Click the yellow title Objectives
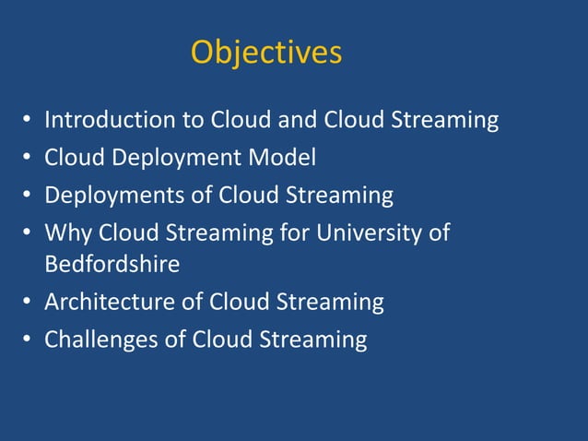click(x=265, y=53)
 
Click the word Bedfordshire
click(x=112, y=265)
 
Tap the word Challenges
click(x=102, y=340)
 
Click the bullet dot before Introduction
click(x=28, y=121)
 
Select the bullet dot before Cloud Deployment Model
click(x=28, y=159)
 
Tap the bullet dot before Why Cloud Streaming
click(x=28, y=233)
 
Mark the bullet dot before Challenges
click(x=28, y=340)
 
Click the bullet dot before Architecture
click(x=28, y=303)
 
